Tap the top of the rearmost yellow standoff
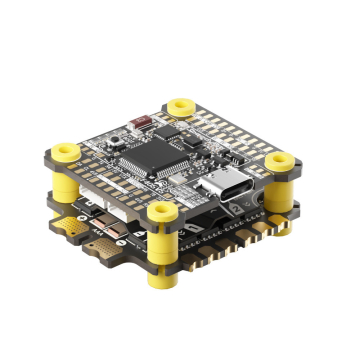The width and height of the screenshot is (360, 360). (x=181, y=104)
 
